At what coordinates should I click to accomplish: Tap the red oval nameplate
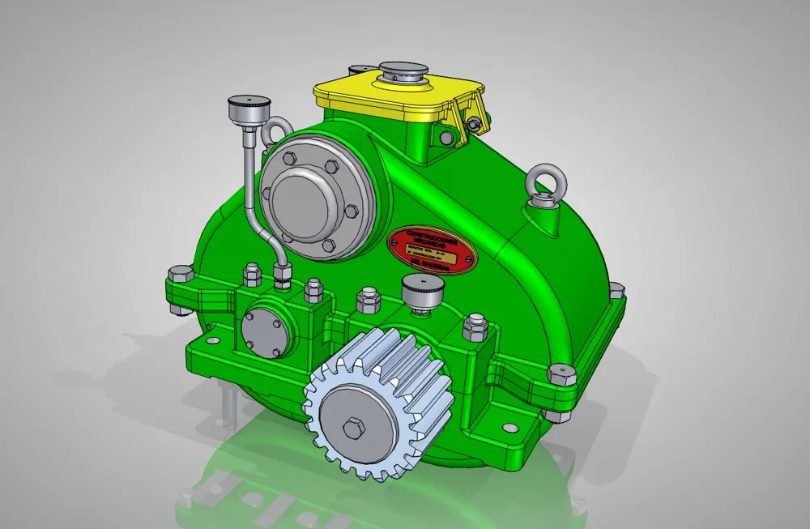click(432, 250)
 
